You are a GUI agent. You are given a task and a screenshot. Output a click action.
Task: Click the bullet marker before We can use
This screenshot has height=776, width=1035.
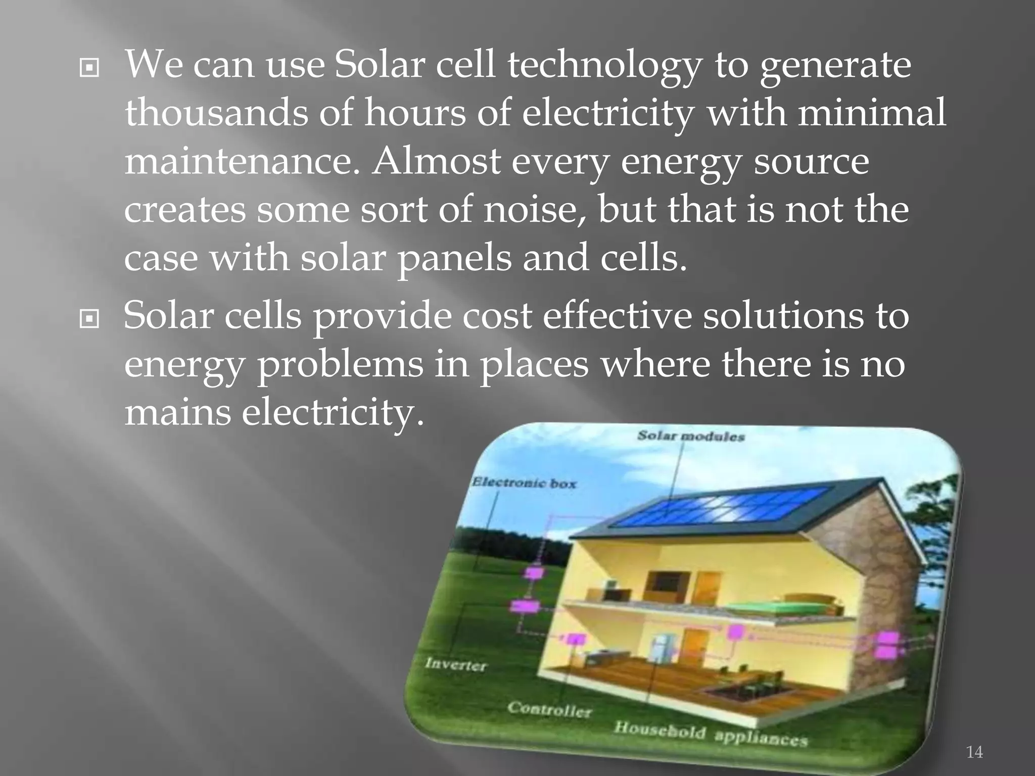click(x=89, y=69)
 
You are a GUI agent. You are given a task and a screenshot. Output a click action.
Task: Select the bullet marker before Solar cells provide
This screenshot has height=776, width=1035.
click(x=89, y=319)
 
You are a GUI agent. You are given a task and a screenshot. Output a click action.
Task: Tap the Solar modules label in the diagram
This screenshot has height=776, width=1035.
click(x=690, y=436)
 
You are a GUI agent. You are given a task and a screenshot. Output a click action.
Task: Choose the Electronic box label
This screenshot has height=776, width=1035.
click(x=524, y=483)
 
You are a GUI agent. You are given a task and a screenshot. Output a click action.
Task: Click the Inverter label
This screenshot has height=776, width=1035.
click(x=455, y=664)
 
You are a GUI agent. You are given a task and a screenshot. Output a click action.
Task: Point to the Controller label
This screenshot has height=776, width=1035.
click(x=549, y=710)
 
